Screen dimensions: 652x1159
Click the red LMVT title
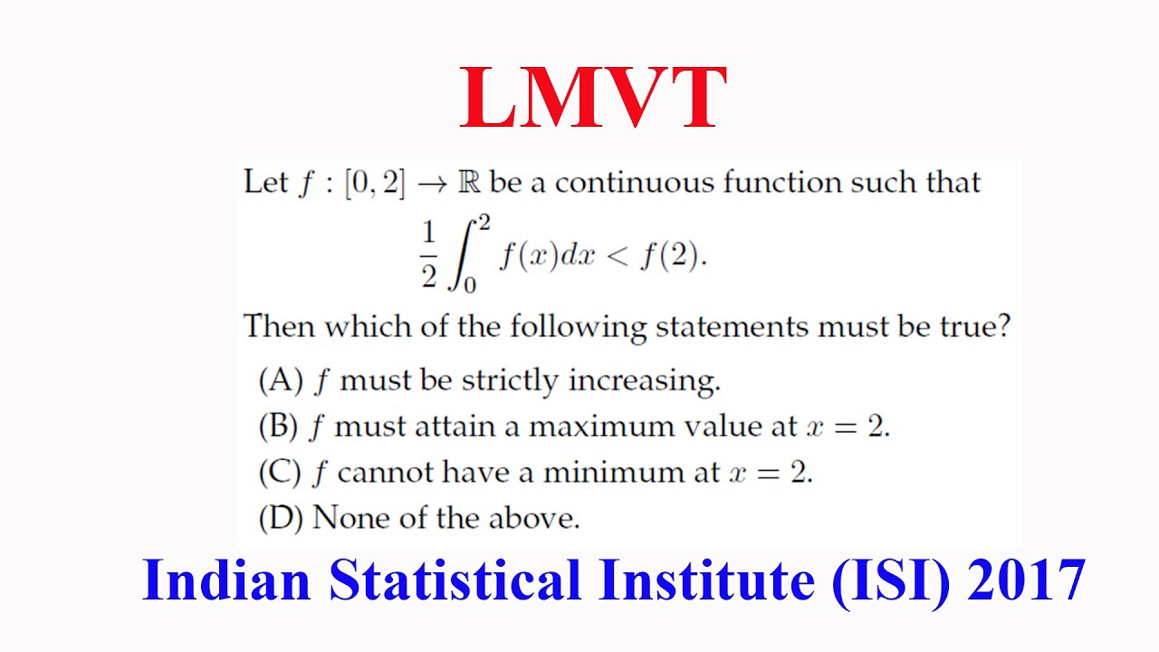click(x=593, y=100)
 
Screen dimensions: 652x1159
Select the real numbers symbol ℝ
click(x=469, y=183)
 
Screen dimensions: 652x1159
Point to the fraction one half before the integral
click(x=428, y=256)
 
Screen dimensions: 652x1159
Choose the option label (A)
click(x=280, y=381)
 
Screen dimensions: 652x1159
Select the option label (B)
click(x=279, y=427)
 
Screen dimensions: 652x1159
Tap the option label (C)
click(x=279, y=473)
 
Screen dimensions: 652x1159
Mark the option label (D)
click(x=280, y=518)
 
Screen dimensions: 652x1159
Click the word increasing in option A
click(x=644, y=381)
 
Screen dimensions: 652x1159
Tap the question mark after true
click(x=1001, y=327)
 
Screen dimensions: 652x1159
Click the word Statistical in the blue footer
click(x=455, y=580)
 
